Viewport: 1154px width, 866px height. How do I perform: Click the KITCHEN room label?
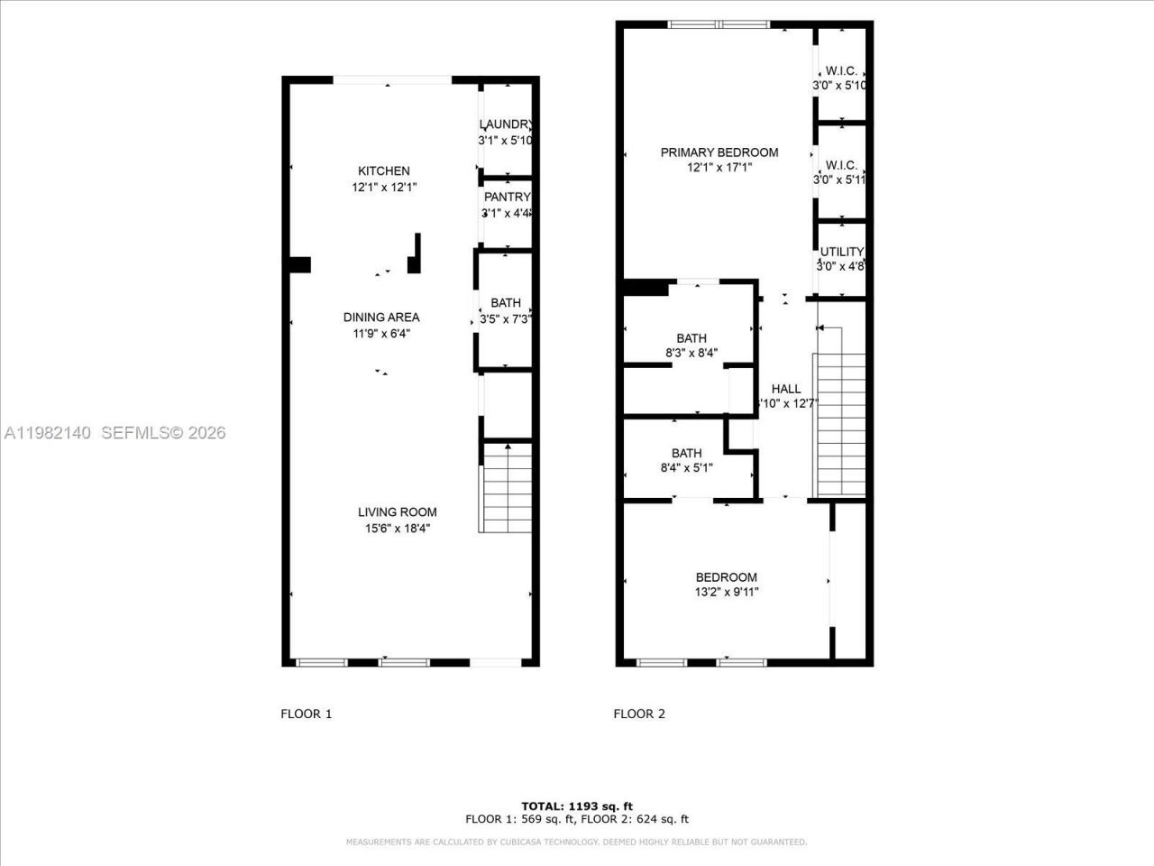tap(384, 171)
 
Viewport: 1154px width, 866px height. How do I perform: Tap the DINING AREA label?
tap(381, 318)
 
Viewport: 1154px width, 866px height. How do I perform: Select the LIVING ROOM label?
tap(397, 512)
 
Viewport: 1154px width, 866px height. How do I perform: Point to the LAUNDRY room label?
tap(506, 124)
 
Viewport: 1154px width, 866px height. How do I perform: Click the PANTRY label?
tap(507, 198)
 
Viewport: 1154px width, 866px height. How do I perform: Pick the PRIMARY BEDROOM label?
tap(719, 152)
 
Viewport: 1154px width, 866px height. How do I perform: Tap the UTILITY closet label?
tap(841, 252)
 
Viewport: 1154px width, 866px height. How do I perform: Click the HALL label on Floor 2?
tap(785, 389)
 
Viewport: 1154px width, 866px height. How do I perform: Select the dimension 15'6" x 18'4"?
tap(397, 529)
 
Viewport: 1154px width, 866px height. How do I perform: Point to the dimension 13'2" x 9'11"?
tap(726, 593)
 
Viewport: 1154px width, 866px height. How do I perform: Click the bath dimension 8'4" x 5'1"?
tap(686, 468)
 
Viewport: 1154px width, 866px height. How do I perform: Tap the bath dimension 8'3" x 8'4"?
tap(691, 354)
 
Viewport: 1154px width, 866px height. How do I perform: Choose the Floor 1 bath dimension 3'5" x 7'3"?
tap(505, 318)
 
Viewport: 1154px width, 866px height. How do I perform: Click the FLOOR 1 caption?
tap(307, 714)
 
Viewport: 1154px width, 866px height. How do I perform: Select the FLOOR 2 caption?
tap(639, 714)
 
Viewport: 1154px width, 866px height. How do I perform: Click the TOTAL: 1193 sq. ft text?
tap(577, 806)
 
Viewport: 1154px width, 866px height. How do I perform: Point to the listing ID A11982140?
tap(47, 433)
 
